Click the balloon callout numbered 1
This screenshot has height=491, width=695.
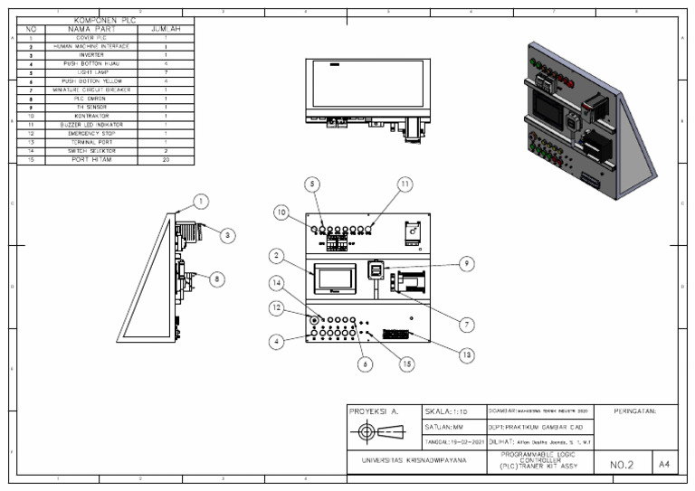pyautogui.click(x=201, y=201)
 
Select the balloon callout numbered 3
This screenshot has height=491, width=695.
pyautogui.click(x=227, y=235)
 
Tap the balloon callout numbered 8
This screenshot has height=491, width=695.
pyautogui.click(x=217, y=279)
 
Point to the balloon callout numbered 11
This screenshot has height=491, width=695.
pyautogui.click(x=405, y=184)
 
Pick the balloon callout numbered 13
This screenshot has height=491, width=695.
pyautogui.click(x=466, y=354)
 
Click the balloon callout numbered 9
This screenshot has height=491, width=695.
pyautogui.click(x=466, y=263)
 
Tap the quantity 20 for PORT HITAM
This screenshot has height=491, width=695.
pyautogui.click(x=166, y=160)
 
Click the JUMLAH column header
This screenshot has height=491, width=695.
pyautogui.click(x=166, y=29)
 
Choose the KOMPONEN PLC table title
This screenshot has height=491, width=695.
pyautogui.click(x=103, y=20)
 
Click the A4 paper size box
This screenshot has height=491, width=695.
pyautogui.click(x=664, y=464)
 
